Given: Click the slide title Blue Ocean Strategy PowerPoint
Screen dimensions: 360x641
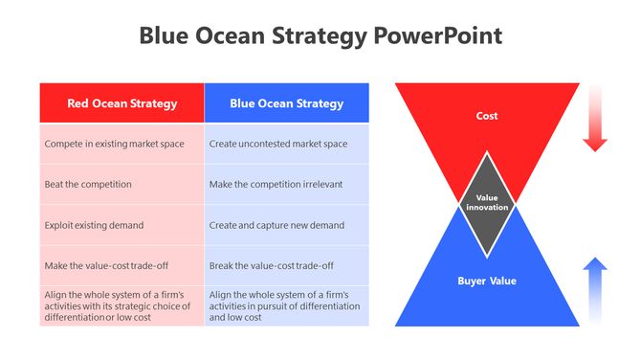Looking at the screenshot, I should [x=320, y=36].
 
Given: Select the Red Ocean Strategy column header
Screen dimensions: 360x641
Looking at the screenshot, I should [x=122, y=103].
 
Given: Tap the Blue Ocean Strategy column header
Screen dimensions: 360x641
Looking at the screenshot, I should [x=286, y=103].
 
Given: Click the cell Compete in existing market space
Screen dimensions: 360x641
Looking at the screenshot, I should [x=122, y=144].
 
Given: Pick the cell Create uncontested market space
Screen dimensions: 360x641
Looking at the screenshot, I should [x=286, y=144].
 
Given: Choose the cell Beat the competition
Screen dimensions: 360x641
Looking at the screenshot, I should [x=122, y=184].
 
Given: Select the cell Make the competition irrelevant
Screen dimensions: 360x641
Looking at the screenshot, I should [x=286, y=184].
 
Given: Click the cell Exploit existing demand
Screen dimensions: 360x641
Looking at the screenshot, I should [x=122, y=225].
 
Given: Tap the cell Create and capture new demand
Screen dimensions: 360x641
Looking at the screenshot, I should [x=286, y=225].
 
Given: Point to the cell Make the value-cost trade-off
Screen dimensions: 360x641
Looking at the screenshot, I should [x=122, y=265].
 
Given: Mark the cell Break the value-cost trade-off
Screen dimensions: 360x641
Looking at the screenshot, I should [x=286, y=265].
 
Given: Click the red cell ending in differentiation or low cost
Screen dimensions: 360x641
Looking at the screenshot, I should [x=122, y=305].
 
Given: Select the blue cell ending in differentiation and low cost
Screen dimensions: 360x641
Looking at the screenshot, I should [x=286, y=305].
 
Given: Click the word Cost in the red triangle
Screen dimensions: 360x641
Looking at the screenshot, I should [x=487, y=116].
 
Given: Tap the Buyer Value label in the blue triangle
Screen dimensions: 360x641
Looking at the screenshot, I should [x=487, y=281].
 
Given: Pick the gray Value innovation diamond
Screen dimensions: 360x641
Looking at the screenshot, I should [x=487, y=203].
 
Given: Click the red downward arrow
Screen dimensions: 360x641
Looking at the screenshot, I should [x=595, y=120].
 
